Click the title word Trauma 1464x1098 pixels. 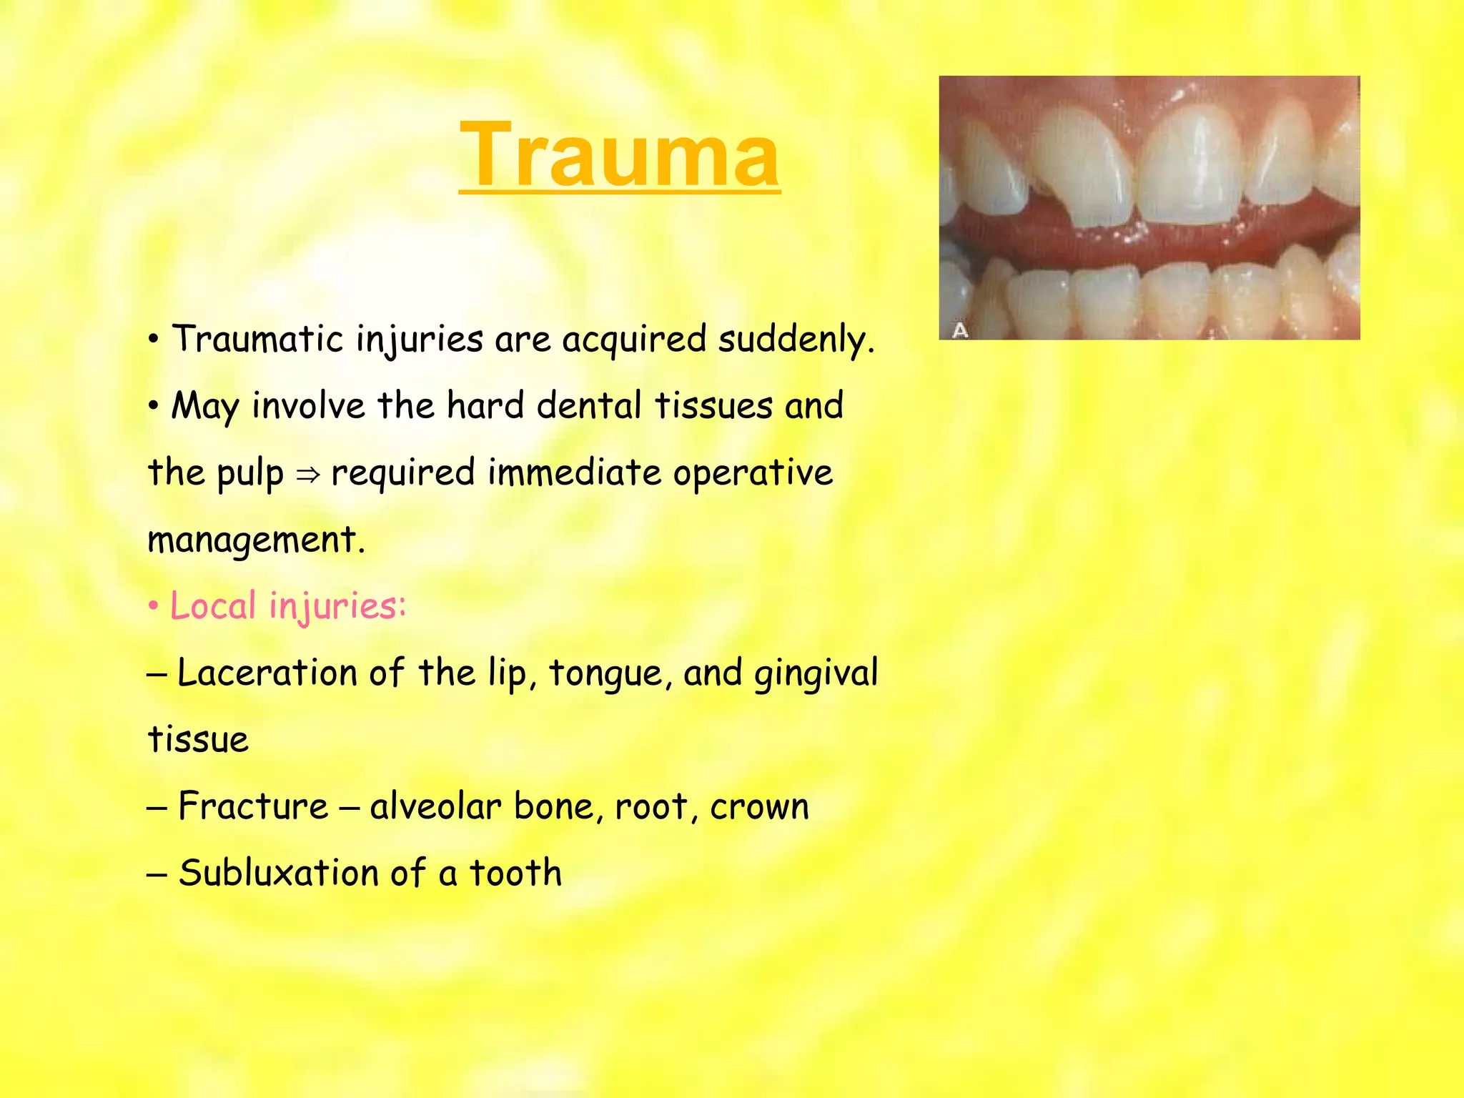tap(619, 155)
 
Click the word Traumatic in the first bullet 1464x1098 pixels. tap(258, 339)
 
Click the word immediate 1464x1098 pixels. tap(575, 473)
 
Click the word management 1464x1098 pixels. tap(256, 540)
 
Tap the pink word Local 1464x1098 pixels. tap(213, 606)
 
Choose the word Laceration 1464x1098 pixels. tap(267, 673)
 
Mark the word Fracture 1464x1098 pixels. tap(253, 806)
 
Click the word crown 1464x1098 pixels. tap(759, 807)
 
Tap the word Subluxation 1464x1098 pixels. tap(278, 873)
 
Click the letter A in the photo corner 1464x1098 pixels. tap(960, 330)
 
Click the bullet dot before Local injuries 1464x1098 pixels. tap(153, 607)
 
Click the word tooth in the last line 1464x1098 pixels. tap(515, 873)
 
